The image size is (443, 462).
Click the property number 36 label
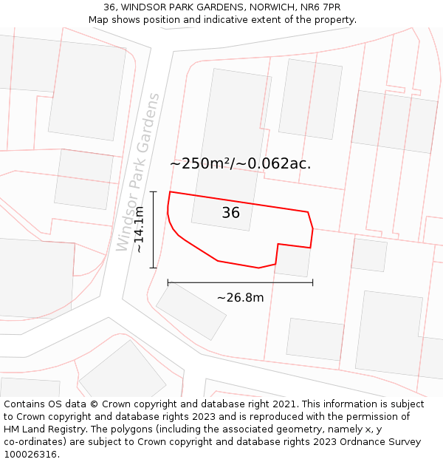click(230, 213)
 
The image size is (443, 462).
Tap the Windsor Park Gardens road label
click(138, 171)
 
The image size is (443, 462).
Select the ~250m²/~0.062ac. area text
click(240, 163)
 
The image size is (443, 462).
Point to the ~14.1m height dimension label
click(139, 230)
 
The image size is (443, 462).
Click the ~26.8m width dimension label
click(240, 298)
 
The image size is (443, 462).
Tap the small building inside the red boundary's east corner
click(292, 260)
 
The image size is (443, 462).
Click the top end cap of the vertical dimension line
click(154, 191)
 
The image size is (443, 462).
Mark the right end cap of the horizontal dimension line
click(312, 282)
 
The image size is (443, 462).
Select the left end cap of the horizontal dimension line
click(168, 282)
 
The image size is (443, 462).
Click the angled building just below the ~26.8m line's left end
click(191, 311)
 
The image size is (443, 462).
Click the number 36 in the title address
click(109, 7)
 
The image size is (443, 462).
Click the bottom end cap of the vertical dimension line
click(154, 268)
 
